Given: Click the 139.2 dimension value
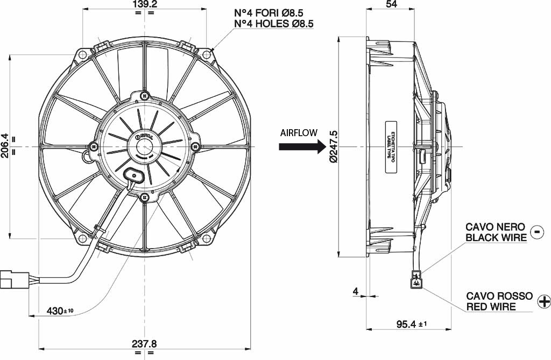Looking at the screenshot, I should click(x=144, y=5).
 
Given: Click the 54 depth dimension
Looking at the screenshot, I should click(x=391, y=5).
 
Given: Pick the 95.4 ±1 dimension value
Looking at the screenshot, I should click(x=412, y=324).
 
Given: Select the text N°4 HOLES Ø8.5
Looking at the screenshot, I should click(x=274, y=24).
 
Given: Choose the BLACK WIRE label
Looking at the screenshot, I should click(x=496, y=237).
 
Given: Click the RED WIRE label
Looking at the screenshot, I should click(x=491, y=307).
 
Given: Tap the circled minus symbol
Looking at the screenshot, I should click(x=537, y=231).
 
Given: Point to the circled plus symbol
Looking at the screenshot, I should click(x=543, y=301).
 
